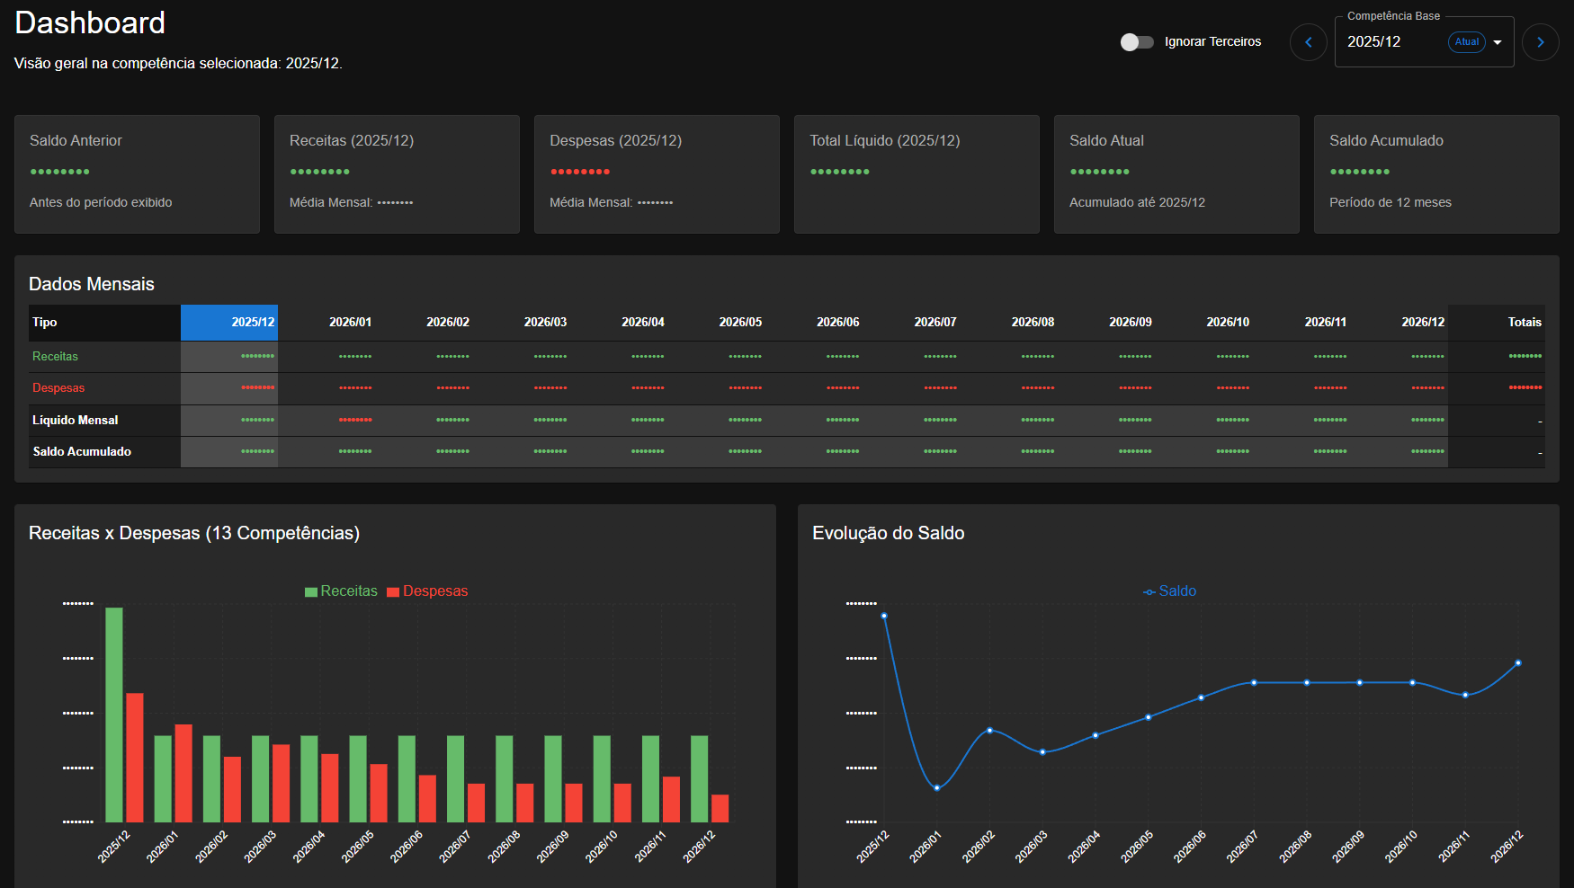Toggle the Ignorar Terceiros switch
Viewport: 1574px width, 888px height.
[x=1136, y=42]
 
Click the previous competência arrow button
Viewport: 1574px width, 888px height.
[x=1308, y=42]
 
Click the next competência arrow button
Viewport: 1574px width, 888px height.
[x=1540, y=42]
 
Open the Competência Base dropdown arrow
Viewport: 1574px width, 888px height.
[x=1498, y=42]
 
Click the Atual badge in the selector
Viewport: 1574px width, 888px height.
[x=1466, y=42]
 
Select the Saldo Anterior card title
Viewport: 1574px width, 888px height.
[x=76, y=140]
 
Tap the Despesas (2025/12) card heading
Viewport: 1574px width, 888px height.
[x=615, y=140]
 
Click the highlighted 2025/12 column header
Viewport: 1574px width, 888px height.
[x=230, y=322]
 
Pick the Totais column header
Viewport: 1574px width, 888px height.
[x=1524, y=322]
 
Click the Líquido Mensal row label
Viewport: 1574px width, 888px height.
[x=76, y=420]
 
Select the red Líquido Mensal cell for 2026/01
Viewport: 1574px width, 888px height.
[x=355, y=420]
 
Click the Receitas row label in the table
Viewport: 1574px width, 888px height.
[x=55, y=356]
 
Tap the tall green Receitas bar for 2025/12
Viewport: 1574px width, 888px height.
[x=114, y=715]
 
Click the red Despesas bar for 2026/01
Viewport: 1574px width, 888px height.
[x=183, y=773]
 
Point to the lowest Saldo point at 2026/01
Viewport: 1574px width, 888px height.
[x=937, y=787]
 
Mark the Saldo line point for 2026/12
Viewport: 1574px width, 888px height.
[x=1518, y=663]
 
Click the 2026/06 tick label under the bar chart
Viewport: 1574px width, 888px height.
[x=406, y=848]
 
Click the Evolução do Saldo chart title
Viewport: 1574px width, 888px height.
[x=888, y=533]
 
